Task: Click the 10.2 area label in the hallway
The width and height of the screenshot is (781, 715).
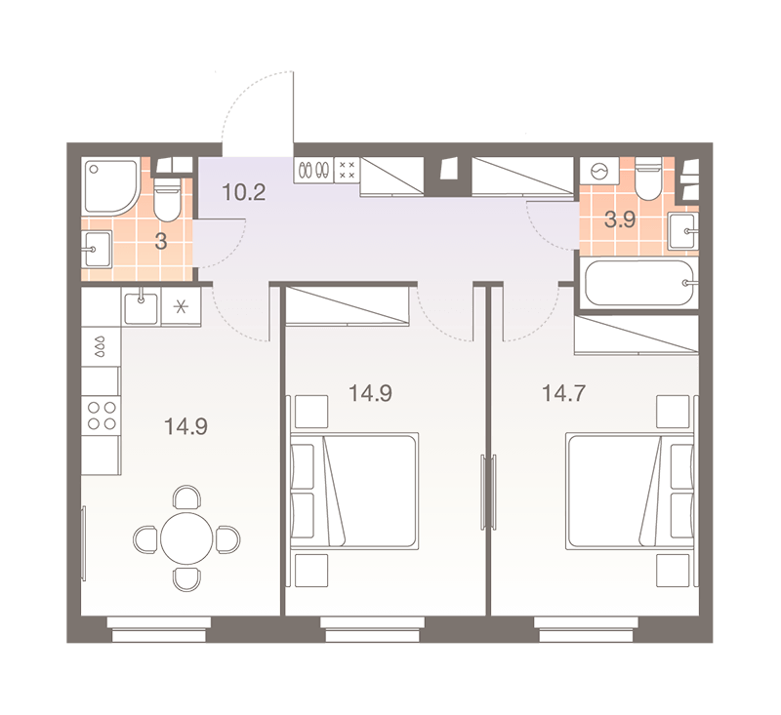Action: coord(243,192)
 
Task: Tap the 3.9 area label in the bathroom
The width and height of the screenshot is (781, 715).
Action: coord(620,218)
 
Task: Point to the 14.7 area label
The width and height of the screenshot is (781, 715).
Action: coord(563,393)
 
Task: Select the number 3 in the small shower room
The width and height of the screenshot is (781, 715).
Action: coord(161,241)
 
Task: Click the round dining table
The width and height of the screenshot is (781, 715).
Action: coord(186,537)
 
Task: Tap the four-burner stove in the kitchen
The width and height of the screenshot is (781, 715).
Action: coord(102,416)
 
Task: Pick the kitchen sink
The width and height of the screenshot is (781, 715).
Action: coord(141,308)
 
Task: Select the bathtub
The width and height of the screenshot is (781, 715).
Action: coord(639,283)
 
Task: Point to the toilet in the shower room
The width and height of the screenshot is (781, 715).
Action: coord(167,200)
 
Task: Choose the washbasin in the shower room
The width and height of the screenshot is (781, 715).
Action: coord(97,250)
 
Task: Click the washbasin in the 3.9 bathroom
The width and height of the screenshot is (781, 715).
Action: coord(682,231)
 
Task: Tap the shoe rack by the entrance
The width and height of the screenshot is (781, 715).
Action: coord(313,171)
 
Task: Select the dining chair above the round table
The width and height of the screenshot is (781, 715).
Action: coord(186,497)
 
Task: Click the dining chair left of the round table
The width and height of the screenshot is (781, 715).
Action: coord(145,538)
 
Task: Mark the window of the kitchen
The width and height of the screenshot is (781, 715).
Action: coord(159,629)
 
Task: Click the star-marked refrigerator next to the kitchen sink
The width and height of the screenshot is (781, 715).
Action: coord(181,307)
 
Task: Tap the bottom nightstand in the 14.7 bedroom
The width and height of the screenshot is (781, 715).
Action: coord(673,571)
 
